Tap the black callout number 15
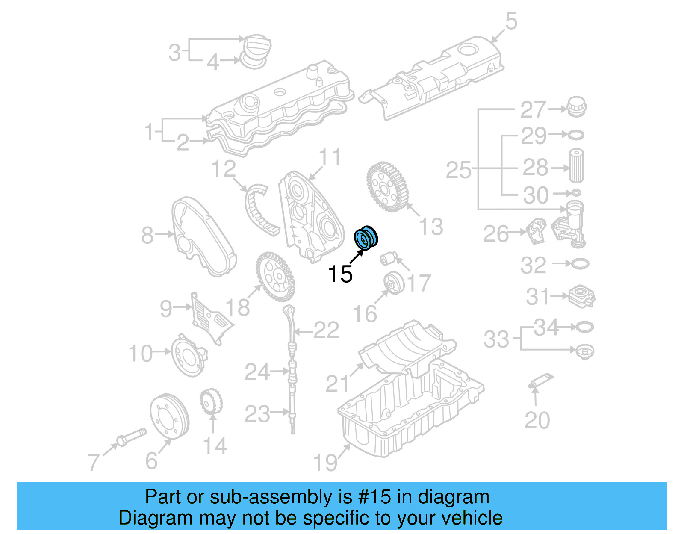(x=340, y=274)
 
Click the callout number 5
(x=511, y=21)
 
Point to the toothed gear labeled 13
(x=387, y=187)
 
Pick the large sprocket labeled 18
(x=275, y=277)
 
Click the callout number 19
(x=325, y=462)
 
